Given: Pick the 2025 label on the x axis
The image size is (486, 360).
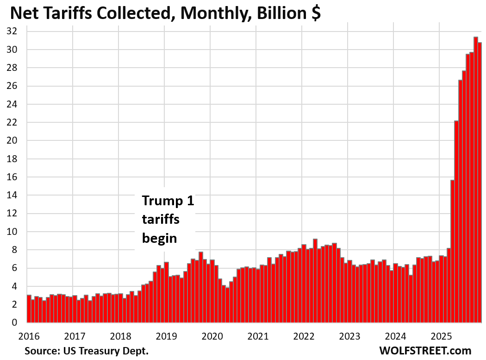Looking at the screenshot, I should [441, 335].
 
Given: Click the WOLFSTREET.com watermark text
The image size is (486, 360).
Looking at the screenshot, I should [424, 350].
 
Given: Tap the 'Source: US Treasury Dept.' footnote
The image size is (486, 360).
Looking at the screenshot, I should [87, 350].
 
